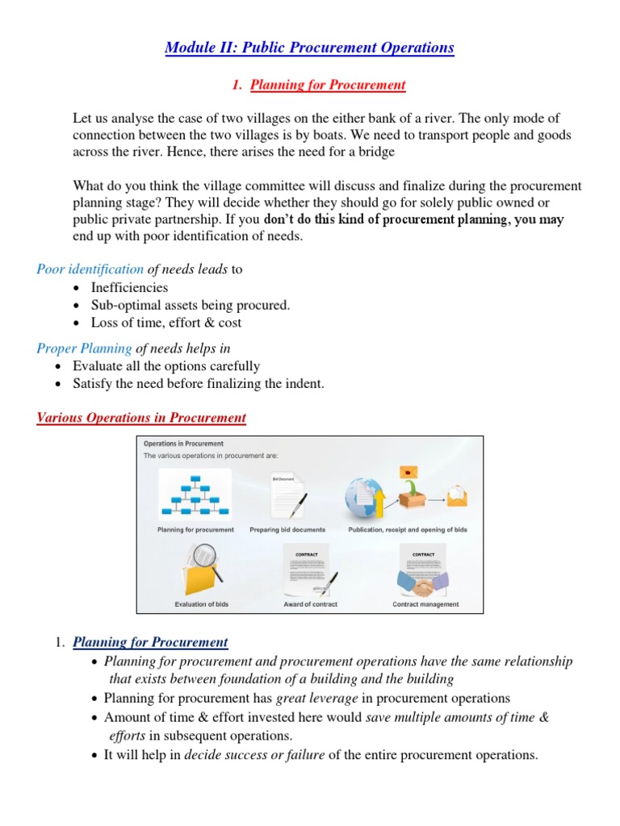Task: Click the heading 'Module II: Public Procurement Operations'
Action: coord(309,48)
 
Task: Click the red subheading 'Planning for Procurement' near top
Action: coord(327,85)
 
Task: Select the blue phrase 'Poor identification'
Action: coord(90,269)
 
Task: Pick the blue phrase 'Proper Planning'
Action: coord(84,348)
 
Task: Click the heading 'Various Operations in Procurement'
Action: coord(141,417)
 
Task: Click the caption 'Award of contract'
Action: coord(310,604)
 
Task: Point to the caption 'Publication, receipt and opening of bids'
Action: coord(407,530)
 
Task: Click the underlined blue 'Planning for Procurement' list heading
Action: coord(150,642)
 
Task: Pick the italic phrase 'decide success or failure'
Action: coord(255,755)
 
